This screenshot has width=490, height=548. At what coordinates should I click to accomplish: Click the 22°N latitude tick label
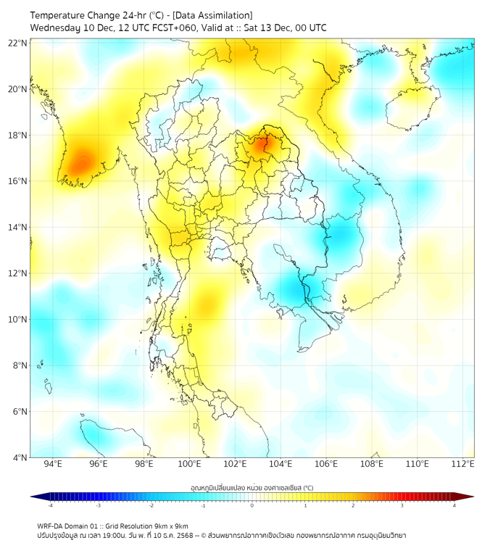17,43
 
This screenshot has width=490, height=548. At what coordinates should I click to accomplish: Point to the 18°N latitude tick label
17,135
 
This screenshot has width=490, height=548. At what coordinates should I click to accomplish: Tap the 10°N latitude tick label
17,319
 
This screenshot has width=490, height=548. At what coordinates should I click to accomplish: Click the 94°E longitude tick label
53,464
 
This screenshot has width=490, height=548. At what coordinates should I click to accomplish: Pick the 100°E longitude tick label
189,464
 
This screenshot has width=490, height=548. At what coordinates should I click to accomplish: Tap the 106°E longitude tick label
326,464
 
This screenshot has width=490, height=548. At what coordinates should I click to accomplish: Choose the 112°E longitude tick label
463,464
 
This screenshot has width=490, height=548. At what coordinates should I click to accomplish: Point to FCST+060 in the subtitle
163,28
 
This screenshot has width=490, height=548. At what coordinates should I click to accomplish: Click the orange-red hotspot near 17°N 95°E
79,161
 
